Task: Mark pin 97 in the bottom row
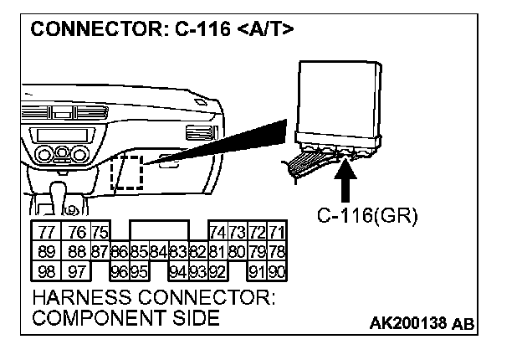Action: pyautogui.click(x=78, y=271)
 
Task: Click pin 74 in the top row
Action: pyautogui.click(x=217, y=233)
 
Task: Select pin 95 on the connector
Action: pyautogui.click(x=139, y=271)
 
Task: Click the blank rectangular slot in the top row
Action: pyautogui.click(x=159, y=232)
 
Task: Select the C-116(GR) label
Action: pyautogui.click(x=366, y=216)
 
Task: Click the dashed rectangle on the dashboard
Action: pyautogui.click(x=128, y=172)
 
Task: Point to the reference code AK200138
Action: pyautogui.click(x=412, y=322)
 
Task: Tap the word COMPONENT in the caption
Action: pyautogui.click(x=90, y=318)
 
